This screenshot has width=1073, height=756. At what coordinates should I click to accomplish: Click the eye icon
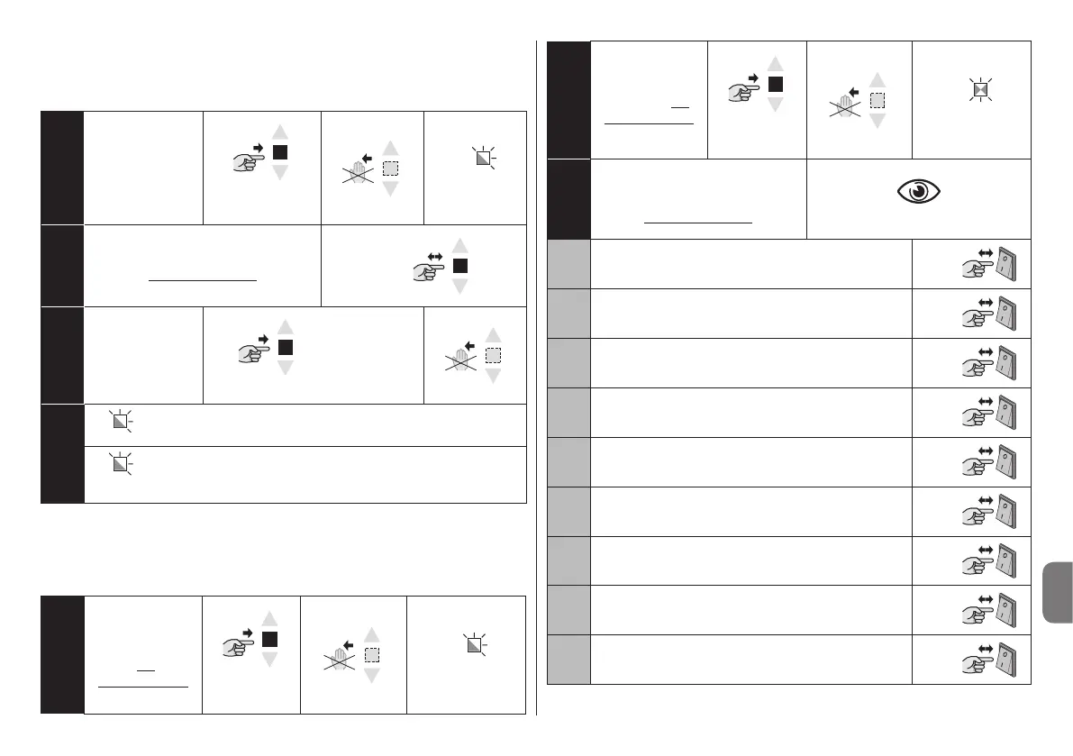(x=918, y=193)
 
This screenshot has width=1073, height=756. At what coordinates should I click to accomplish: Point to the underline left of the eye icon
(x=698, y=220)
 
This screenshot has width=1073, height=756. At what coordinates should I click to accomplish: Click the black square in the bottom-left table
(x=269, y=640)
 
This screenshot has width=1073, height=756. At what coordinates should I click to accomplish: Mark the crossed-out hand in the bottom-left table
(x=340, y=656)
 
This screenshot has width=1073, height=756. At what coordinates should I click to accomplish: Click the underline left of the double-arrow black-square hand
(x=203, y=279)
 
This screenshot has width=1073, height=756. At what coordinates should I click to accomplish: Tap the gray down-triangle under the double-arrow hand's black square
(x=459, y=287)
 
